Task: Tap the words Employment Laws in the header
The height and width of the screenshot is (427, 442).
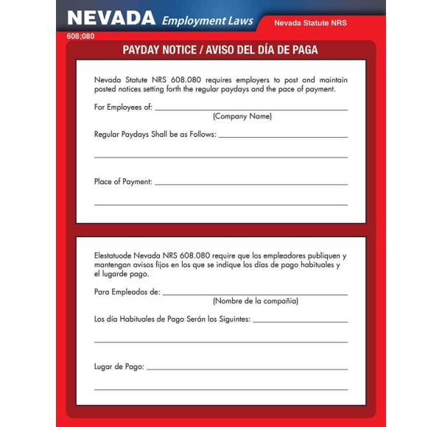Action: [x=207, y=21]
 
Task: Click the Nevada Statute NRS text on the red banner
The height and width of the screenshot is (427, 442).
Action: [x=310, y=24]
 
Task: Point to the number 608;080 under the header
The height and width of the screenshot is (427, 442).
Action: [x=80, y=35]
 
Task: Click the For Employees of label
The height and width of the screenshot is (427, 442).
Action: [x=123, y=107]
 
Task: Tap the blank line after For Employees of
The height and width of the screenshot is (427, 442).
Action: [x=250, y=110]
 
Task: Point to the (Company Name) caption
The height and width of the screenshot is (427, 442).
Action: [x=242, y=116]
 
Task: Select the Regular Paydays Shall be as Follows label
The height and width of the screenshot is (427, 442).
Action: [x=155, y=135]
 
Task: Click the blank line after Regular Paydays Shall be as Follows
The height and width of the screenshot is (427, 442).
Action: [x=283, y=137]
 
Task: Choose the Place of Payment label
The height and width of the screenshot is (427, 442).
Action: [x=123, y=181]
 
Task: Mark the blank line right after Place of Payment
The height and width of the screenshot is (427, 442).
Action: [x=250, y=183]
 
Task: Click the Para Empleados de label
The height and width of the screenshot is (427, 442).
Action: [x=127, y=292]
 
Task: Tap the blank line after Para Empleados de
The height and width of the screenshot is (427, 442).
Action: [x=254, y=294]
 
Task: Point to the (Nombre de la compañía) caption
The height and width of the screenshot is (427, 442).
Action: [x=256, y=301]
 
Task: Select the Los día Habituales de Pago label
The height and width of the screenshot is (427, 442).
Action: [x=172, y=320]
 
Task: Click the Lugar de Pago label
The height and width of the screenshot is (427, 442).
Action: [x=119, y=366]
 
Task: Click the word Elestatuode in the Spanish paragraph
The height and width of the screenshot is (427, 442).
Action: [x=113, y=255]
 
